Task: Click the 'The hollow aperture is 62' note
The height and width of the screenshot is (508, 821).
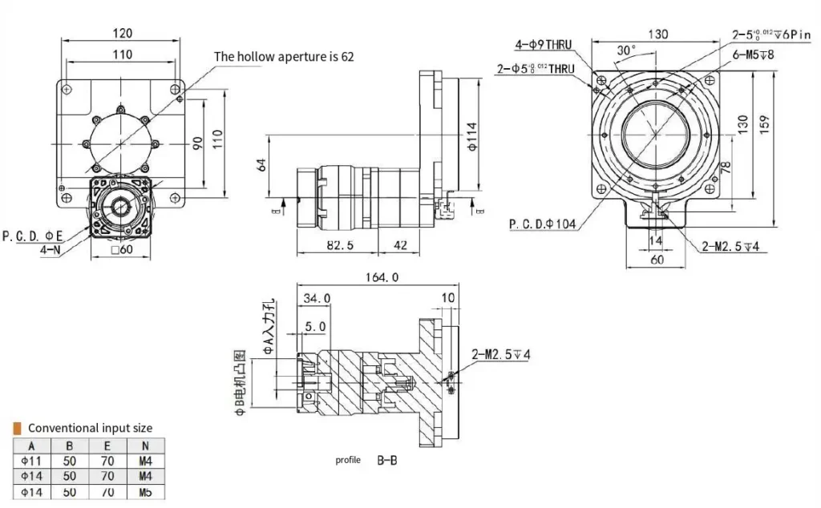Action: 283,57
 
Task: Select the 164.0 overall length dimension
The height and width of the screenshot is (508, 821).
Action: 382,278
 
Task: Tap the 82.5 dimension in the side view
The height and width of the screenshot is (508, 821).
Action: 340,244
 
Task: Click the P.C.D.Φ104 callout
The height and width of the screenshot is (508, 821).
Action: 543,224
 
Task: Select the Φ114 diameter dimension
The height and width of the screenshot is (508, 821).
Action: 471,139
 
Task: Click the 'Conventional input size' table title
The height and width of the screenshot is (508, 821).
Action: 90,428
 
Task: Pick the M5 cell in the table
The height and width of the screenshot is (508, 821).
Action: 145,492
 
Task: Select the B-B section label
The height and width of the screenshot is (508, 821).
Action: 386,461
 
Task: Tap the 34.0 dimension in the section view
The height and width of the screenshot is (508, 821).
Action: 317,298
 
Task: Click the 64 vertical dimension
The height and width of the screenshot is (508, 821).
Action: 260,166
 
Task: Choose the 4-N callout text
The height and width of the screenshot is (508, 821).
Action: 51,249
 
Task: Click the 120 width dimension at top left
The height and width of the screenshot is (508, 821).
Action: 122,34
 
